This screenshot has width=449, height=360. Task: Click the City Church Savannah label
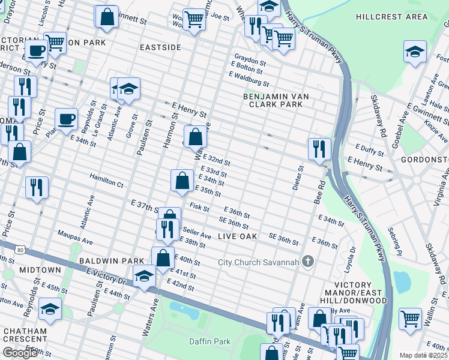point(258,262)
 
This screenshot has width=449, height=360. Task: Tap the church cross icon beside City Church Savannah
point(308,261)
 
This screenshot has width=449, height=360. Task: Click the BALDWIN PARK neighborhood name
point(112,261)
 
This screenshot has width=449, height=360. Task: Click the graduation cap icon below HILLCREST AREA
point(415,52)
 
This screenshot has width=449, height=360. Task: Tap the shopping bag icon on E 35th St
point(182,179)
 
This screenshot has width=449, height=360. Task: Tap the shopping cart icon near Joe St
point(194,19)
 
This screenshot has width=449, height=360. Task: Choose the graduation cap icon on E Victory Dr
point(144,276)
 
